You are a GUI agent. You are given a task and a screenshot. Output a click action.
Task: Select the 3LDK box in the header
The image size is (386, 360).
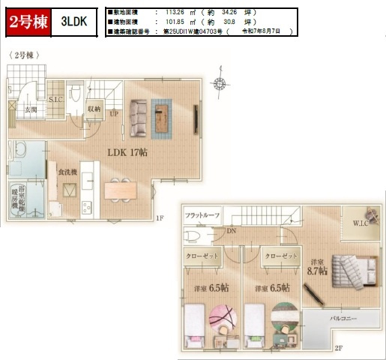(x=74, y=23)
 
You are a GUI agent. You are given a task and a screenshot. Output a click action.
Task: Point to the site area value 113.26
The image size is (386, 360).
(x=175, y=13)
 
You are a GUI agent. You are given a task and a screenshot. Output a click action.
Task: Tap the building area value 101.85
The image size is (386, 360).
(x=175, y=22)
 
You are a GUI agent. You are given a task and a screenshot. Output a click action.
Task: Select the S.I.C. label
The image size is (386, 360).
(x=55, y=98)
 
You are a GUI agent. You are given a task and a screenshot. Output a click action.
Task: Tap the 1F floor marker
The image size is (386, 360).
(x=160, y=218)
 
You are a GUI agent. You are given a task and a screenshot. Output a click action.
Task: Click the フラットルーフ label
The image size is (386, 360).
(x=202, y=216)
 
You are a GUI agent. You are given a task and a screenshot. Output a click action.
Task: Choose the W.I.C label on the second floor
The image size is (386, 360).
(x=359, y=224)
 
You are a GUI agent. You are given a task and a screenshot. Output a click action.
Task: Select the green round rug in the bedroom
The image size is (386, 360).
(x=284, y=316)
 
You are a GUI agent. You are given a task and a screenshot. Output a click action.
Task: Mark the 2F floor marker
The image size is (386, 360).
(x=338, y=348)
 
